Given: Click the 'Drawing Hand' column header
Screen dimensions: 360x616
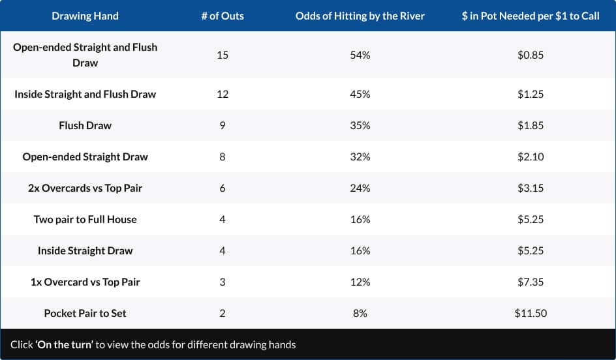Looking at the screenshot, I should click(x=85, y=16).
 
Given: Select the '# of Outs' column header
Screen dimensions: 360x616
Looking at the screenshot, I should click(x=223, y=16).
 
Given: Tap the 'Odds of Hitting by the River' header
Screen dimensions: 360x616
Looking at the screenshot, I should click(x=360, y=16).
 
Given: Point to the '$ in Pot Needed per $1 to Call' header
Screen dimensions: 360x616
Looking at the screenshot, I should click(x=530, y=16).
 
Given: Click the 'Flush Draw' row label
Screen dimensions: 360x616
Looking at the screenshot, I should click(x=85, y=125).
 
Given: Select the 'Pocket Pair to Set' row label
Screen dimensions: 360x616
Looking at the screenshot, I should click(x=85, y=313).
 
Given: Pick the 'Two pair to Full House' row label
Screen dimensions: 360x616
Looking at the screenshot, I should click(x=85, y=219).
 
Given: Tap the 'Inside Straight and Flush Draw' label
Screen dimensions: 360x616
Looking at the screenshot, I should click(x=85, y=94).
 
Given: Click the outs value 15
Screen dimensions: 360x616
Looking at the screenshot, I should click(x=223, y=55).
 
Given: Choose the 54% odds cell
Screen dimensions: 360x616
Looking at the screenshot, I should click(x=360, y=55).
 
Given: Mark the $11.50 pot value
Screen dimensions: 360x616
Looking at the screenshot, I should click(x=530, y=313).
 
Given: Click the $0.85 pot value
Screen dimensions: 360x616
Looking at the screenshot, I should click(x=530, y=55).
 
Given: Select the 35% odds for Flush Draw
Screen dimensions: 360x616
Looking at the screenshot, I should click(x=360, y=125).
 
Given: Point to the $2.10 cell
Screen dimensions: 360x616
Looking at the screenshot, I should click(x=530, y=157).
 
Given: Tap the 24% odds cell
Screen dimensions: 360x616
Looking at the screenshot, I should click(x=360, y=188).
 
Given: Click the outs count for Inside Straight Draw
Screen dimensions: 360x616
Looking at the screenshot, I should click(x=223, y=250).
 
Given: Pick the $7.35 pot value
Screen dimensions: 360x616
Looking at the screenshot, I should click(x=530, y=282).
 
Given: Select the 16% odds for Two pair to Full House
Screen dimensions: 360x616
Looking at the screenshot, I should click(x=360, y=219).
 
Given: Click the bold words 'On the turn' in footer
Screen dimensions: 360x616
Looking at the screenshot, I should click(x=65, y=344).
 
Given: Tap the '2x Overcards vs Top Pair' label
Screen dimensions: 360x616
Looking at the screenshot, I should click(x=85, y=188).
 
